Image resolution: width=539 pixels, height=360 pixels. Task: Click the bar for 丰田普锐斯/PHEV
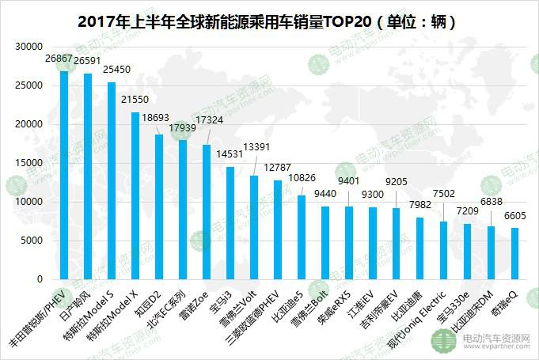click(64, 175)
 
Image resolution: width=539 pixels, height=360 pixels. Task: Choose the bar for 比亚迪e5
click(302, 237)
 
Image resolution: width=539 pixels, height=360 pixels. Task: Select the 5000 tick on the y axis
click(31, 241)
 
